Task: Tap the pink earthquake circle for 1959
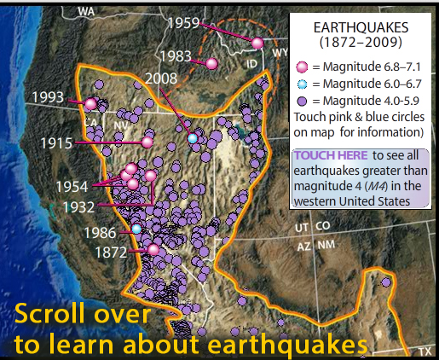(258, 43)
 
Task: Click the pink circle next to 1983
(211, 63)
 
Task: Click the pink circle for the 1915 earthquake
(147, 142)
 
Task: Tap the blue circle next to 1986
(136, 229)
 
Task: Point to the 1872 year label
(111, 253)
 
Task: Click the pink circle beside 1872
(153, 249)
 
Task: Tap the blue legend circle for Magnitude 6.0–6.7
(301, 84)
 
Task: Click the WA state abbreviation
(86, 13)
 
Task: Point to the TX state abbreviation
(424, 351)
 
